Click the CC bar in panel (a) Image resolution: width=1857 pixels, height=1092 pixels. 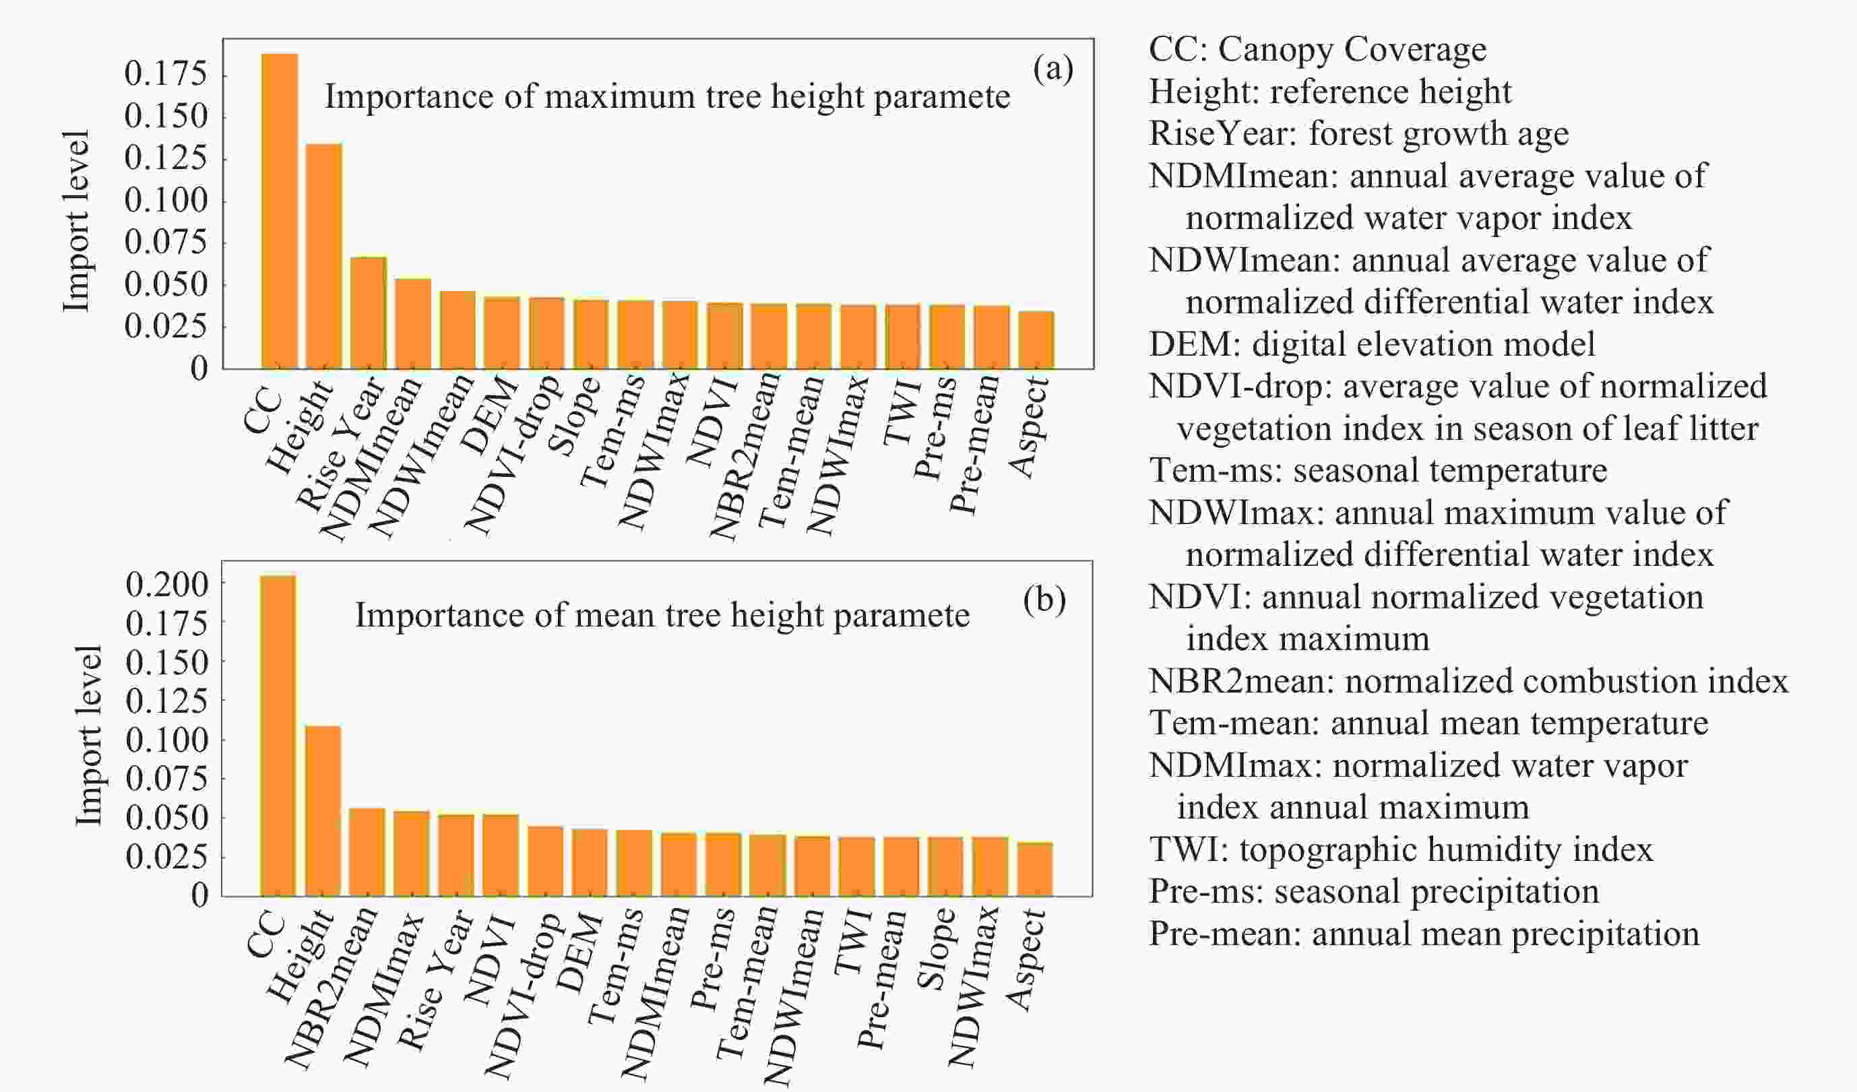coord(280,211)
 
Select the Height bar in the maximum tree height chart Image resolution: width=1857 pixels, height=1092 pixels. coord(324,256)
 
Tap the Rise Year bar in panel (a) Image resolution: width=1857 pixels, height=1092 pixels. coord(369,313)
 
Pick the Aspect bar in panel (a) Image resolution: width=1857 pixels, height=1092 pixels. coord(1036,340)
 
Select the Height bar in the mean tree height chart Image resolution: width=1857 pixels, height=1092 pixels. coord(323,810)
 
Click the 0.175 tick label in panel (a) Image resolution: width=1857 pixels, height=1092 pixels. coord(166,73)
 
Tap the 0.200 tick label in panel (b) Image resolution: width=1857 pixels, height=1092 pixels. coord(167,584)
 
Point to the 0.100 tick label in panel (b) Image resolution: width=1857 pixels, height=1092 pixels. coord(167,740)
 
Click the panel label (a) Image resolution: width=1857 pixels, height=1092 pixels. coord(1053,69)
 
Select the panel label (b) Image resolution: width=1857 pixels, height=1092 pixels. coord(1044,600)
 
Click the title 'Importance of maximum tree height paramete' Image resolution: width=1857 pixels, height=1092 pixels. coord(667,96)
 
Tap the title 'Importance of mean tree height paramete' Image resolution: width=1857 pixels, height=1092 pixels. coord(662,615)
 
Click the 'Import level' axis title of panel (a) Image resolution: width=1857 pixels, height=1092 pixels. coord(76,221)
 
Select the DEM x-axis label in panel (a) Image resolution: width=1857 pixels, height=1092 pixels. coord(490,415)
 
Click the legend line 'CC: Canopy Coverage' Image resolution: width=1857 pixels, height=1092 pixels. coord(1317,49)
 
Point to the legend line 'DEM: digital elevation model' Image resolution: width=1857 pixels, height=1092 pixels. coord(1371,344)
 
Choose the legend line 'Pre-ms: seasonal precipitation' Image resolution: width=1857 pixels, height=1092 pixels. coord(1375,891)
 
